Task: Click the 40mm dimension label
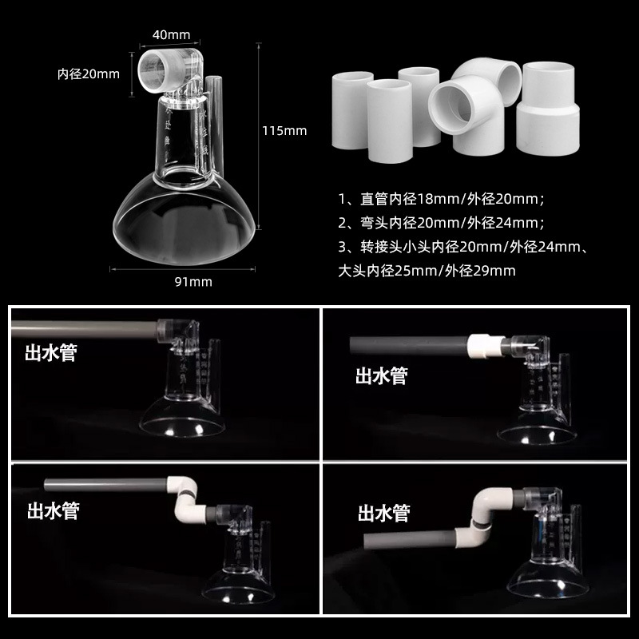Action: tap(172, 35)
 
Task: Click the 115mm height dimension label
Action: tap(284, 130)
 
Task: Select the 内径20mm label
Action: tap(88, 74)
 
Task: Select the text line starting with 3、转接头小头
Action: tap(464, 248)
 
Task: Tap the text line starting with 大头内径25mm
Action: tap(423, 271)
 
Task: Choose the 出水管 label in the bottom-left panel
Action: tap(53, 510)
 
